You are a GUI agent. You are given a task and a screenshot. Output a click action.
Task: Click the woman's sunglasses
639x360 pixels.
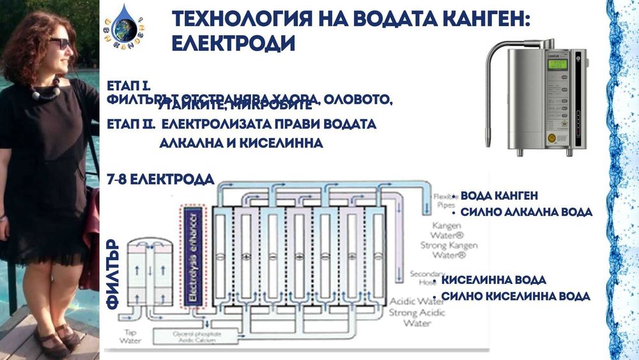click(x=59, y=43)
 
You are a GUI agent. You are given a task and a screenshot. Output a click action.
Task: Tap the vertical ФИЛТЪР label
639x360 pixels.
click(x=114, y=275)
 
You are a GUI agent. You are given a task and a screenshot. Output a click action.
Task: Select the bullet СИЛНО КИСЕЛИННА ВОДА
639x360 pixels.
click(x=516, y=297)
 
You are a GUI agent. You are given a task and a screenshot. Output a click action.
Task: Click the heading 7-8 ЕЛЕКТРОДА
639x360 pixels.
click(x=160, y=180)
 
